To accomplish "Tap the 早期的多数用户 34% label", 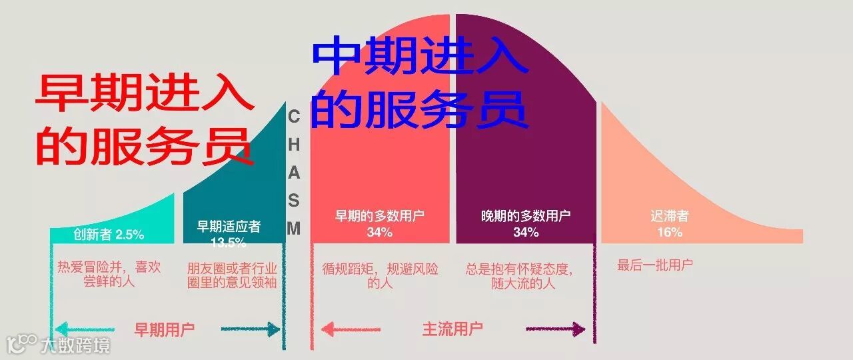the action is click(x=379, y=224).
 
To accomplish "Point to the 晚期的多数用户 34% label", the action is click(x=526, y=224).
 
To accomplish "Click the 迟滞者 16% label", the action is click(x=670, y=224).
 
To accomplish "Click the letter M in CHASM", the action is click(x=294, y=228).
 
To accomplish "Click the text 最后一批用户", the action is click(x=655, y=265).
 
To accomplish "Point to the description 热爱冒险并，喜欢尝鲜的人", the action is click(x=109, y=274).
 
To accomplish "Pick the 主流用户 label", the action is click(x=452, y=329).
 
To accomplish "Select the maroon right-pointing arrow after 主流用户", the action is click(x=556, y=329).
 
